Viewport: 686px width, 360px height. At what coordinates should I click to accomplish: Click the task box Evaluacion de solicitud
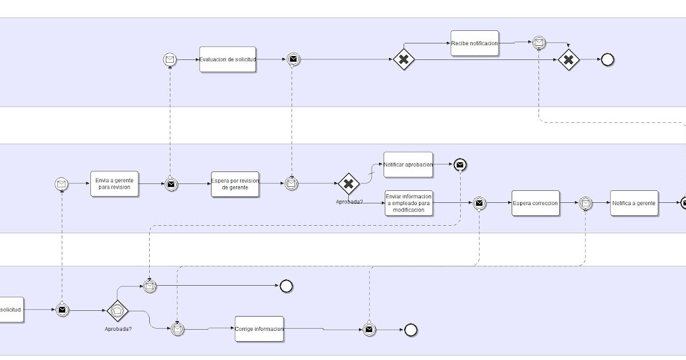[x=228, y=59]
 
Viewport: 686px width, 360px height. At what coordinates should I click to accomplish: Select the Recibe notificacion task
[x=474, y=43]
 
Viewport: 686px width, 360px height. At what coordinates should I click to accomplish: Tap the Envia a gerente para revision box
[x=115, y=184]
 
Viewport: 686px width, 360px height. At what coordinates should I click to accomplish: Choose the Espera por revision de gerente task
[x=235, y=184]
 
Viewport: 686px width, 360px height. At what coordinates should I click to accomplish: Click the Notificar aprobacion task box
[x=408, y=165]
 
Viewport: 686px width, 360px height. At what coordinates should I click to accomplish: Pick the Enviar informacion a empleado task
[x=409, y=203]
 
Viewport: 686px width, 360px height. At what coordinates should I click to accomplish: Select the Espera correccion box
[x=536, y=203]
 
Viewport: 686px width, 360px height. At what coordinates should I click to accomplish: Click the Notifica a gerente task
[x=634, y=203]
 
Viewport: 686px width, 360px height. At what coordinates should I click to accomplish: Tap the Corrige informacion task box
[x=259, y=329]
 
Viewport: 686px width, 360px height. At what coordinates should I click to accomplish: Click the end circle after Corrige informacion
[x=410, y=330]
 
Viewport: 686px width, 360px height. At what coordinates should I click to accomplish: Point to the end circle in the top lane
[x=607, y=59]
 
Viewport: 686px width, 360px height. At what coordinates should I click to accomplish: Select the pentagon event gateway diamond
[x=118, y=310]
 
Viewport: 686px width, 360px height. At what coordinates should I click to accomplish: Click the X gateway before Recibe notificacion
[x=404, y=59]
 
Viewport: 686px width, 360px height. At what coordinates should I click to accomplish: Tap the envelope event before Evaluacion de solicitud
[x=170, y=59]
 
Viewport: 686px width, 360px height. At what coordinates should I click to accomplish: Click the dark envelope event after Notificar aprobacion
[x=460, y=165]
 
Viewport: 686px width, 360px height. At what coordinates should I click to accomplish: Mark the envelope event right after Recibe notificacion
[x=538, y=42]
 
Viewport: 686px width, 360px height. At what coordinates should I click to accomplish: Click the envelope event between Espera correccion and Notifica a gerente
[x=585, y=203]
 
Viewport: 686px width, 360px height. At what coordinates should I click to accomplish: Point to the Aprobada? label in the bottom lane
[x=118, y=329]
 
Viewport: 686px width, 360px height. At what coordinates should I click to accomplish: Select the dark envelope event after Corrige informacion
[x=369, y=330]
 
